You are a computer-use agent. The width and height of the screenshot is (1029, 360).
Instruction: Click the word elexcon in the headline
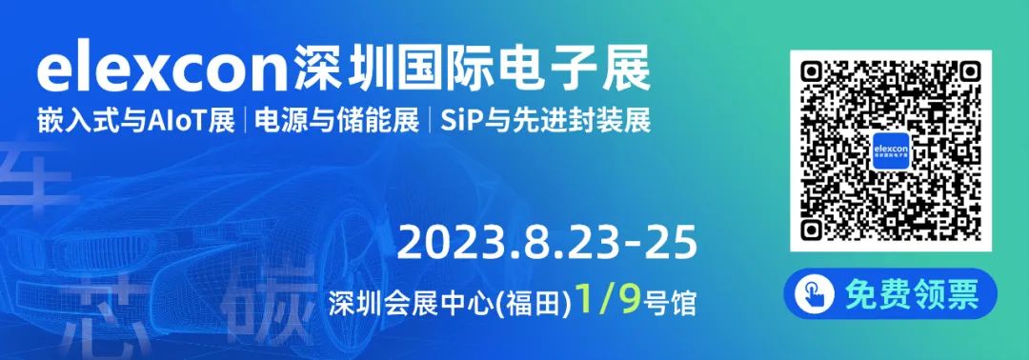point(162,69)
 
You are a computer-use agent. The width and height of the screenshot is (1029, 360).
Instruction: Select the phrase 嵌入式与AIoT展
point(136,122)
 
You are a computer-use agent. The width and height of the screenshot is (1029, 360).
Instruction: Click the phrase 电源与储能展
point(336,122)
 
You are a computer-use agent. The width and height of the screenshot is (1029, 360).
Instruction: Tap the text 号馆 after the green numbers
point(670,304)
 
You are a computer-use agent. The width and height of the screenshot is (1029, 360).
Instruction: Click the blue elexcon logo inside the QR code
point(891,150)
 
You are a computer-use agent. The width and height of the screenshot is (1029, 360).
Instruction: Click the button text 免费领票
point(911,294)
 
